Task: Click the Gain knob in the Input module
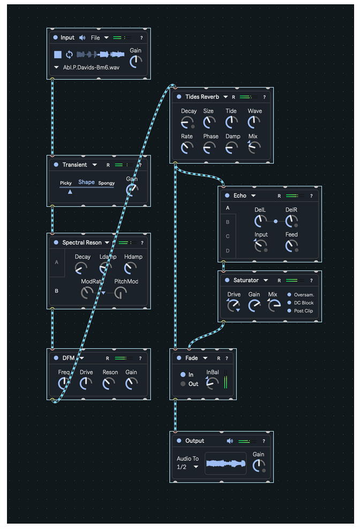pos(136,61)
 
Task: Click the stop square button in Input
pos(58,55)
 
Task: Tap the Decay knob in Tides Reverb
pos(187,122)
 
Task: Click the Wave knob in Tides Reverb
pos(254,122)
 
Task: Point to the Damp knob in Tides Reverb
pos(232,147)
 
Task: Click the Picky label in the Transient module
pos(66,183)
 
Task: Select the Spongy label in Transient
pos(106,183)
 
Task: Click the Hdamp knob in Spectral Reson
pos(131,268)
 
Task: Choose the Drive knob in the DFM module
pos(86,383)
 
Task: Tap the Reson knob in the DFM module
pos(109,383)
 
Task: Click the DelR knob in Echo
pos(291,220)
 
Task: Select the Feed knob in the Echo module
pos(291,245)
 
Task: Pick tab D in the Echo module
pos(228,251)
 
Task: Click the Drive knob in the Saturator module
pos(234,306)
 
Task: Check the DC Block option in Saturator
pos(290,303)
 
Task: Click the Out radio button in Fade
pos(183,384)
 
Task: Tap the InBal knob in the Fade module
pos(212,383)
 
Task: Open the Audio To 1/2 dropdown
pos(188,467)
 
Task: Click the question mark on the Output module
pos(264,441)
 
